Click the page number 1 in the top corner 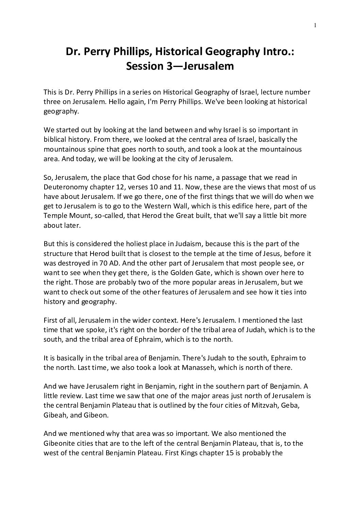(315, 24)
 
